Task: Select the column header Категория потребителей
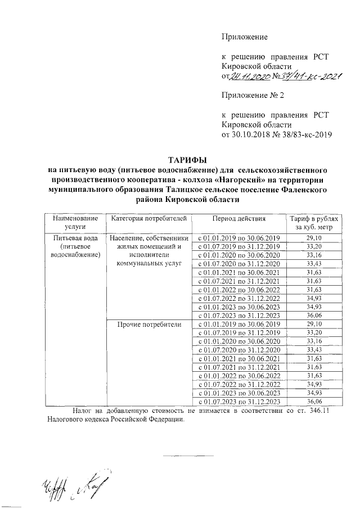[149, 218]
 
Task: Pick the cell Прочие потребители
[149, 325]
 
